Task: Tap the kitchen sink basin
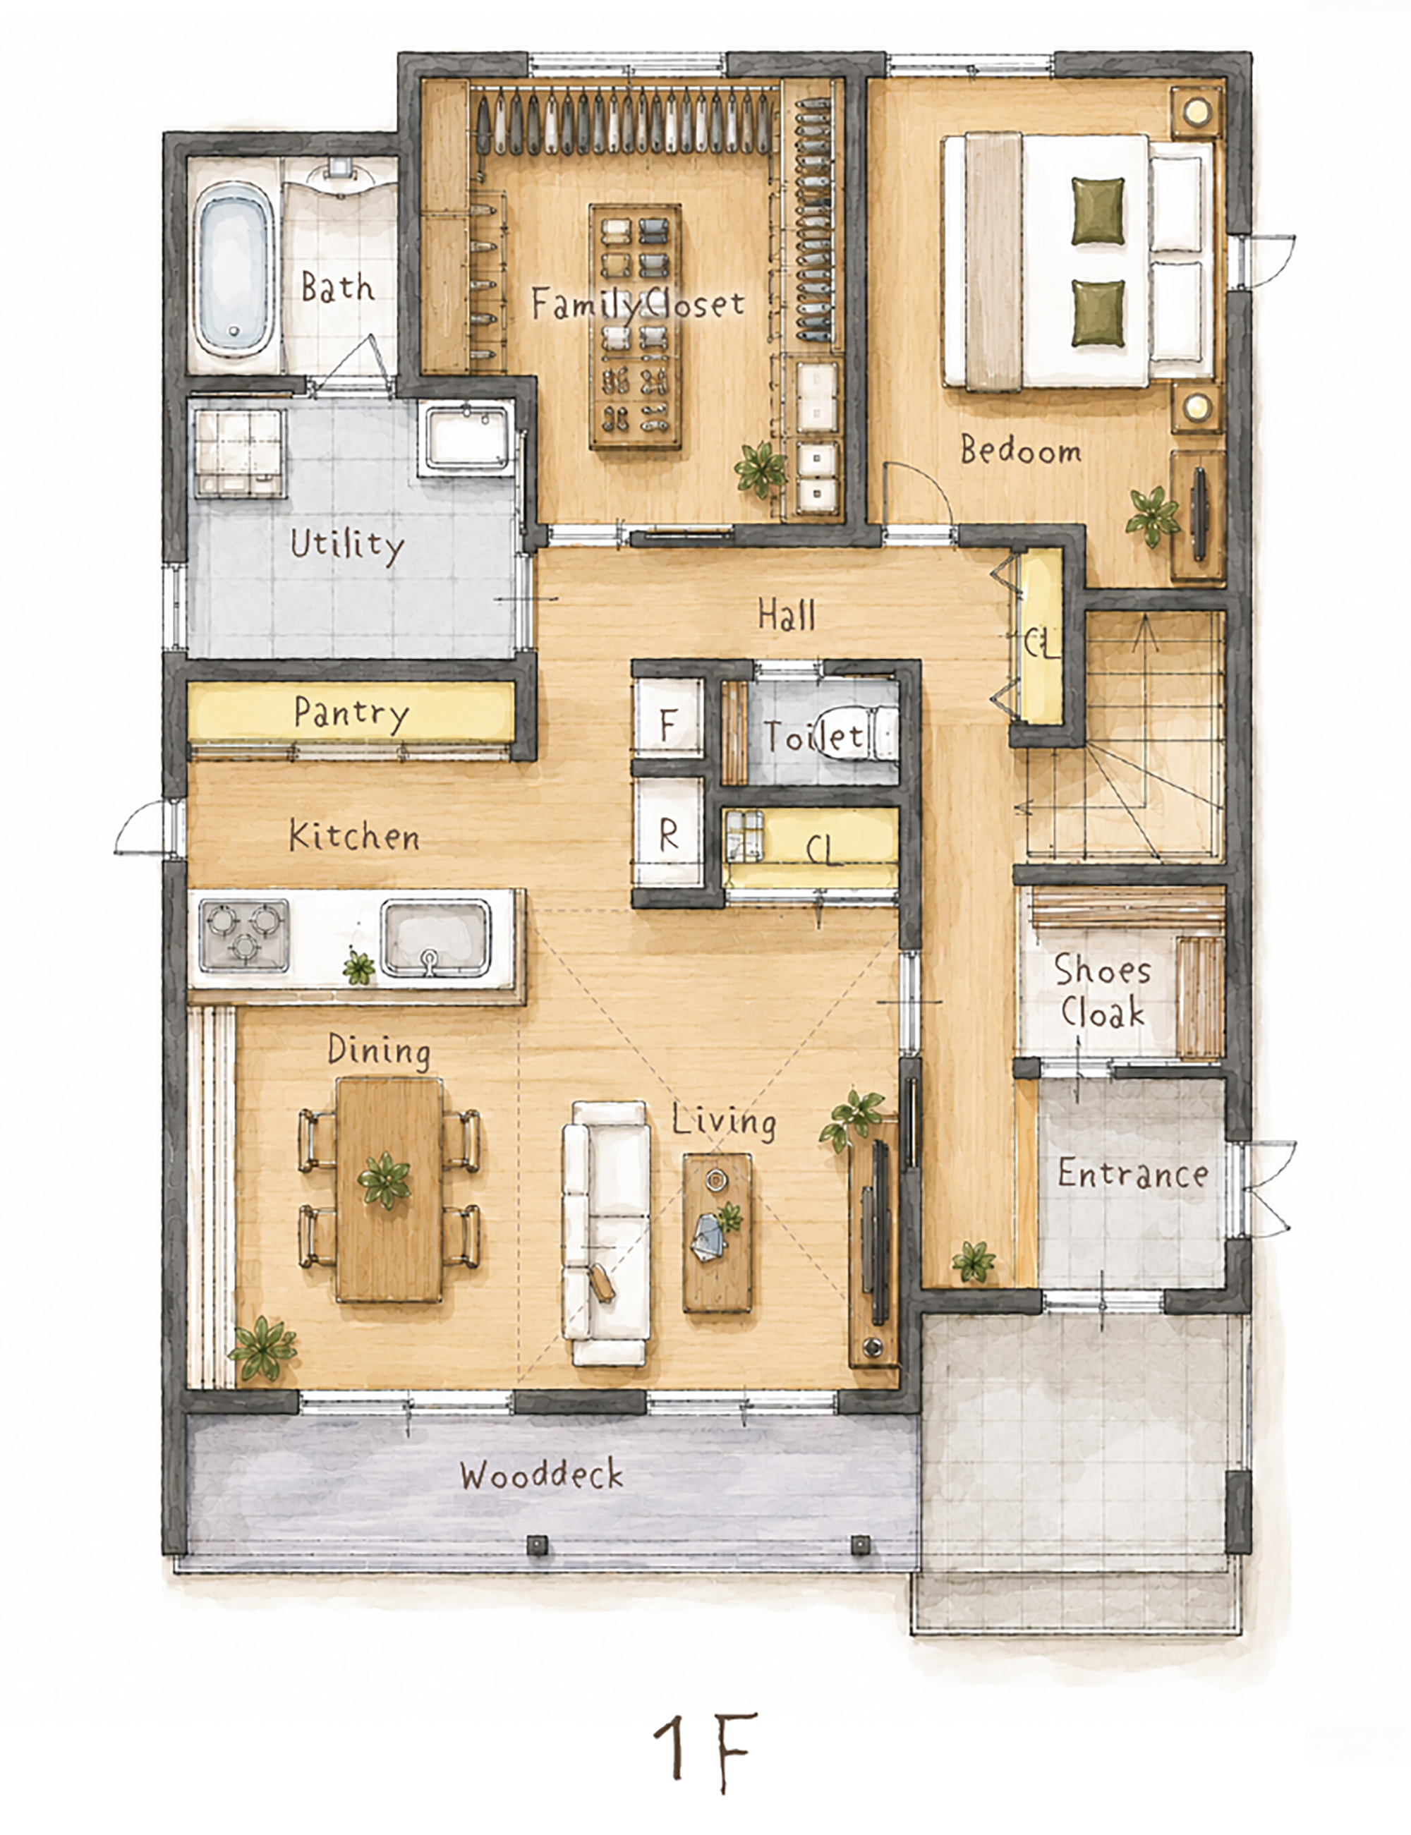coord(435,938)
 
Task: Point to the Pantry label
coord(351,713)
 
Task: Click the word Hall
coord(787,614)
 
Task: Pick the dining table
coord(389,1191)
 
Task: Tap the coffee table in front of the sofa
coord(716,1232)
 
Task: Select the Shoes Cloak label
coord(1102,991)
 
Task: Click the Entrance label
coord(1132,1173)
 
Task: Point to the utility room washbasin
coord(467,437)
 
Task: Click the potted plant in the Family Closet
coord(761,468)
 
